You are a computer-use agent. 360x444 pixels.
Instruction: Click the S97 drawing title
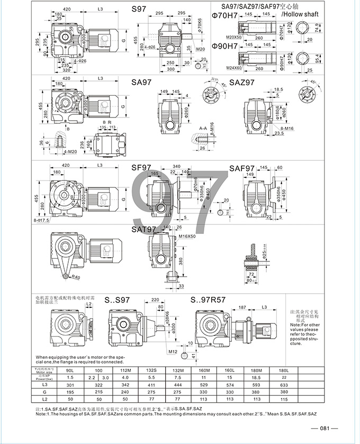[138, 10]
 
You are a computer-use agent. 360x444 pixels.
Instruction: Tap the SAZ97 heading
[242, 83]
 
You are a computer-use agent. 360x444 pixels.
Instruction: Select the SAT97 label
[143, 230]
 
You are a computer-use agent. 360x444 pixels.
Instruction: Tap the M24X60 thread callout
[232, 68]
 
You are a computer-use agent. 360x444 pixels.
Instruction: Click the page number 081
[325, 429]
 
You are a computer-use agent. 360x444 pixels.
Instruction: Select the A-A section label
[203, 128]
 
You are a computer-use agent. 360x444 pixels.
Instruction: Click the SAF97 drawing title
[242, 168]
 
